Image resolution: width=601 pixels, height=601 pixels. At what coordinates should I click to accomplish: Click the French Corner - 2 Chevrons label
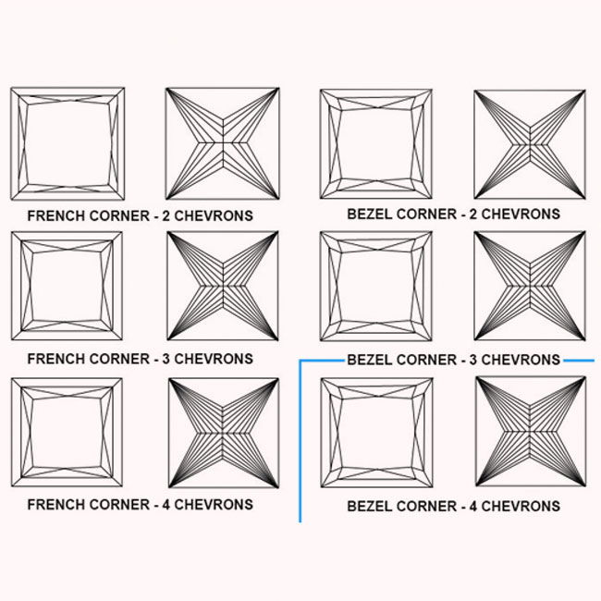point(140,215)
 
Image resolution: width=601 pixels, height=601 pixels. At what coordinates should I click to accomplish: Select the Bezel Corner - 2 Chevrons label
point(453,215)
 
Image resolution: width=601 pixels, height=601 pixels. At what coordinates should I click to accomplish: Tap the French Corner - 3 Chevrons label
point(140,357)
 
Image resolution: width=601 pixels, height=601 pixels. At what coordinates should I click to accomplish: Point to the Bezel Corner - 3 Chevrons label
point(453,359)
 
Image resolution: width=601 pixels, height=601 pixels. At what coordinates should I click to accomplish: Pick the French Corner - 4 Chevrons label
point(140,505)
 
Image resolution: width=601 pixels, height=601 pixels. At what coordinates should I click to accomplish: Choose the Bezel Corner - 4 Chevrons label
point(453,507)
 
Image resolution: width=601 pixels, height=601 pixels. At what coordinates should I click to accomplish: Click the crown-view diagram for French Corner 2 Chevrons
point(67,143)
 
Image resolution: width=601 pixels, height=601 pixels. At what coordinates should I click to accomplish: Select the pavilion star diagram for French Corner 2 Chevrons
point(222,143)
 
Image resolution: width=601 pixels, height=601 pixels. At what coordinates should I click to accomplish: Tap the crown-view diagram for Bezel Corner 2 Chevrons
point(376,143)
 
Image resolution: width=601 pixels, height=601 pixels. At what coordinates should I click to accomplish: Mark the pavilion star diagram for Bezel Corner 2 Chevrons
point(530,143)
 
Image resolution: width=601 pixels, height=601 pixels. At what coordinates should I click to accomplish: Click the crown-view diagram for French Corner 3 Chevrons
point(67,287)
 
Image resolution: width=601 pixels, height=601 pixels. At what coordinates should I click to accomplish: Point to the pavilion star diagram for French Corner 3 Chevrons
point(222,287)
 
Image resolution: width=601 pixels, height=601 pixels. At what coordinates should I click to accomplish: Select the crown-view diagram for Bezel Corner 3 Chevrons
point(375,287)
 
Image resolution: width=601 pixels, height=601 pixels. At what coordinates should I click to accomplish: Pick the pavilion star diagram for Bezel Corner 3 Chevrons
point(530,287)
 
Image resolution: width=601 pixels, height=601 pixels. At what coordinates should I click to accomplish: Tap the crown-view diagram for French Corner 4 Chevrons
point(67,433)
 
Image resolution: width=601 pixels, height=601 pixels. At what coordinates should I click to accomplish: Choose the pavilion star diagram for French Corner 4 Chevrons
point(222,433)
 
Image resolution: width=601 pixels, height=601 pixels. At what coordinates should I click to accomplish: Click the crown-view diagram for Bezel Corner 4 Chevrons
point(375,433)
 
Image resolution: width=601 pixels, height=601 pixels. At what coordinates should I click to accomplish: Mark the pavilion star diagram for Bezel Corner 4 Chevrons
point(530,433)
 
